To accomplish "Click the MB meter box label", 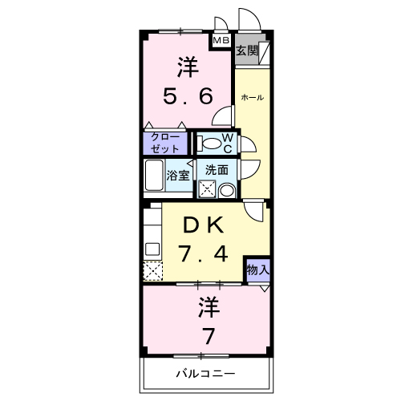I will (221, 39).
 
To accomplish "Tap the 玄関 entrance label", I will (245, 51).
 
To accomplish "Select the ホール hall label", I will (253, 98).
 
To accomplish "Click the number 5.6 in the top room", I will (188, 97).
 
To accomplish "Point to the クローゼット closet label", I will (164, 143).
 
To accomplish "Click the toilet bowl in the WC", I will (210, 144).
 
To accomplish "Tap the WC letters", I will (228, 143).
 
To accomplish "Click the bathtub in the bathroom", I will (154, 176).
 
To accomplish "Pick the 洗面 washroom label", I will (217, 170).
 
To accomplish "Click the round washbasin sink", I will (227, 191).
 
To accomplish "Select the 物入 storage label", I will (257, 270).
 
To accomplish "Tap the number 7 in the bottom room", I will (209, 334).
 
